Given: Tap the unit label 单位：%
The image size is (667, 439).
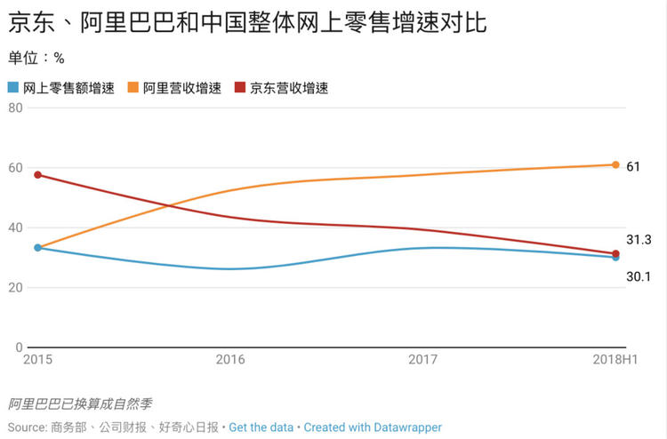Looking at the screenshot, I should click(x=36, y=59).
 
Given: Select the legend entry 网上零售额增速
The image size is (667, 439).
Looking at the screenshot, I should click(x=61, y=88).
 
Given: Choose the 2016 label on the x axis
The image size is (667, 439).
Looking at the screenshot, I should click(x=230, y=360).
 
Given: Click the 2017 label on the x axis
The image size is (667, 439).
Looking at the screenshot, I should click(x=422, y=360).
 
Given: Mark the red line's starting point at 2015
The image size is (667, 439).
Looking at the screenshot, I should click(x=37, y=175).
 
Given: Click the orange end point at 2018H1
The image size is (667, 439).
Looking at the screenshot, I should click(x=615, y=164).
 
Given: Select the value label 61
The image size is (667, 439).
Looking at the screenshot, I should click(x=633, y=166).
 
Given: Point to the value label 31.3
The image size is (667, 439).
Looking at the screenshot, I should click(x=639, y=240).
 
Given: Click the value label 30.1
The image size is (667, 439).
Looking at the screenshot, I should click(x=639, y=276).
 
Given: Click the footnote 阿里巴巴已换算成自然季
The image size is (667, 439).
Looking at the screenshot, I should click(x=80, y=404).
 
